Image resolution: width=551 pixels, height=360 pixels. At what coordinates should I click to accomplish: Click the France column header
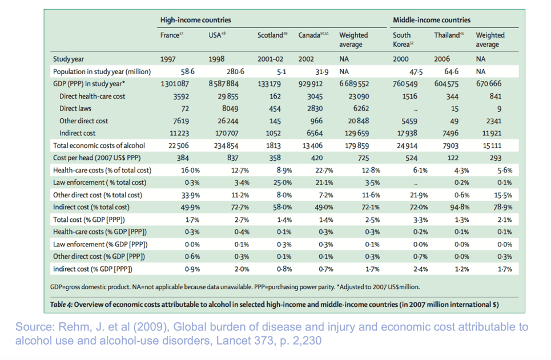pyautogui.click(x=170, y=35)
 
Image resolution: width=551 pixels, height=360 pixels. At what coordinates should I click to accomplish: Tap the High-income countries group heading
pyautogui.click(x=196, y=20)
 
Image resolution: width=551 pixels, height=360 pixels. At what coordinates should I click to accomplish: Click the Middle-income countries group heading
pyautogui.click(x=432, y=20)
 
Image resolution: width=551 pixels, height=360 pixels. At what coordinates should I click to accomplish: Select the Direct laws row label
pyautogui.click(x=75, y=108)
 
